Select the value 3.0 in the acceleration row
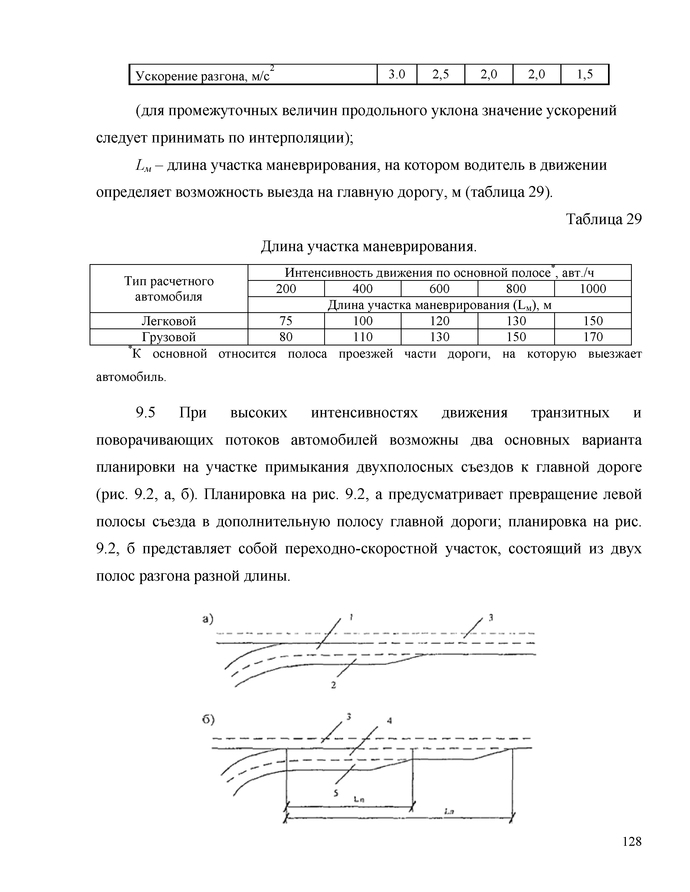click(396, 74)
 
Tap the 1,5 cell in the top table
click(584, 74)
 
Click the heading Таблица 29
click(603, 220)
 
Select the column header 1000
click(593, 289)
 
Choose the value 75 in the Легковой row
click(286, 321)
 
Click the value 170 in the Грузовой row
click(593, 337)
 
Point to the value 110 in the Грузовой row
click(363, 337)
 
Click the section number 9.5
click(146, 413)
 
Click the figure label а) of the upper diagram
click(208, 620)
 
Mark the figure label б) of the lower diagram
click(208, 720)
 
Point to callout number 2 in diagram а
click(334, 685)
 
